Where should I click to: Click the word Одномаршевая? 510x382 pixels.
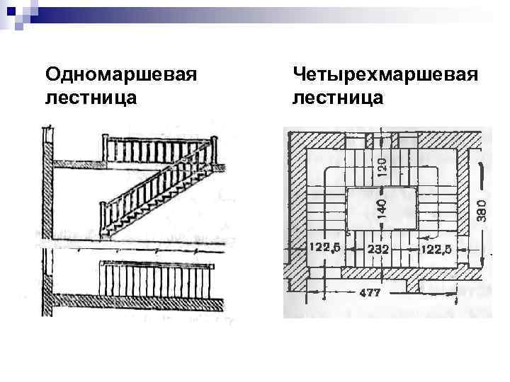tap(120, 74)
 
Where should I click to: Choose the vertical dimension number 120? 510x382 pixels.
tap(382, 167)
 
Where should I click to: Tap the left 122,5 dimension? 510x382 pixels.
tap(324, 248)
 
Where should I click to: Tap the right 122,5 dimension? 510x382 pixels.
tap(437, 248)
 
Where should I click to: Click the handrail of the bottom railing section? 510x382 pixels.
tap(156, 264)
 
